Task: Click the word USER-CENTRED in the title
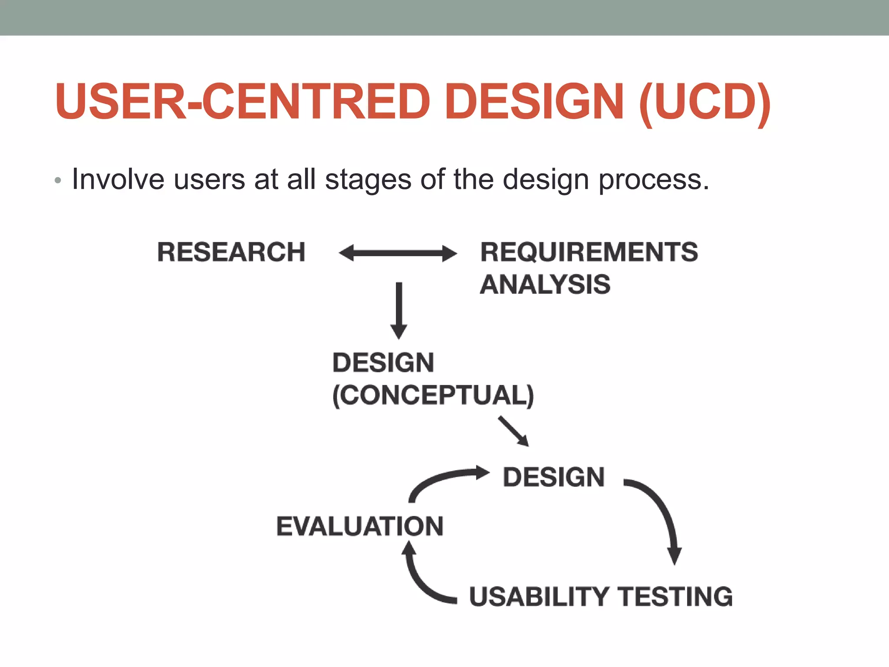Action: [243, 102]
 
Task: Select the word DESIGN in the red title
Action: [534, 102]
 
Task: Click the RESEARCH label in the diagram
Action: [231, 252]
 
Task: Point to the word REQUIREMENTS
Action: [589, 252]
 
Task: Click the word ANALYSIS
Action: [545, 285]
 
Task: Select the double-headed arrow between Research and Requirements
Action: [398, 253]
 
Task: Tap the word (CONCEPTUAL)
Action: [433, 395]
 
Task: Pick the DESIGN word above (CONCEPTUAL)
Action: [383, 363]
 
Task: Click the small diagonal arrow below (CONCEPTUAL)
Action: [514, 431]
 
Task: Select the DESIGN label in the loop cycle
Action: [553, 477]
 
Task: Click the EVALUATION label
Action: [360, 526]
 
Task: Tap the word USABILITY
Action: [539, 597]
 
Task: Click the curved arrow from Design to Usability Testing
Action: [662, 512]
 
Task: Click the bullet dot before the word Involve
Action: [58, 181]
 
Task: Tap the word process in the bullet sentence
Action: [653, 180]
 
